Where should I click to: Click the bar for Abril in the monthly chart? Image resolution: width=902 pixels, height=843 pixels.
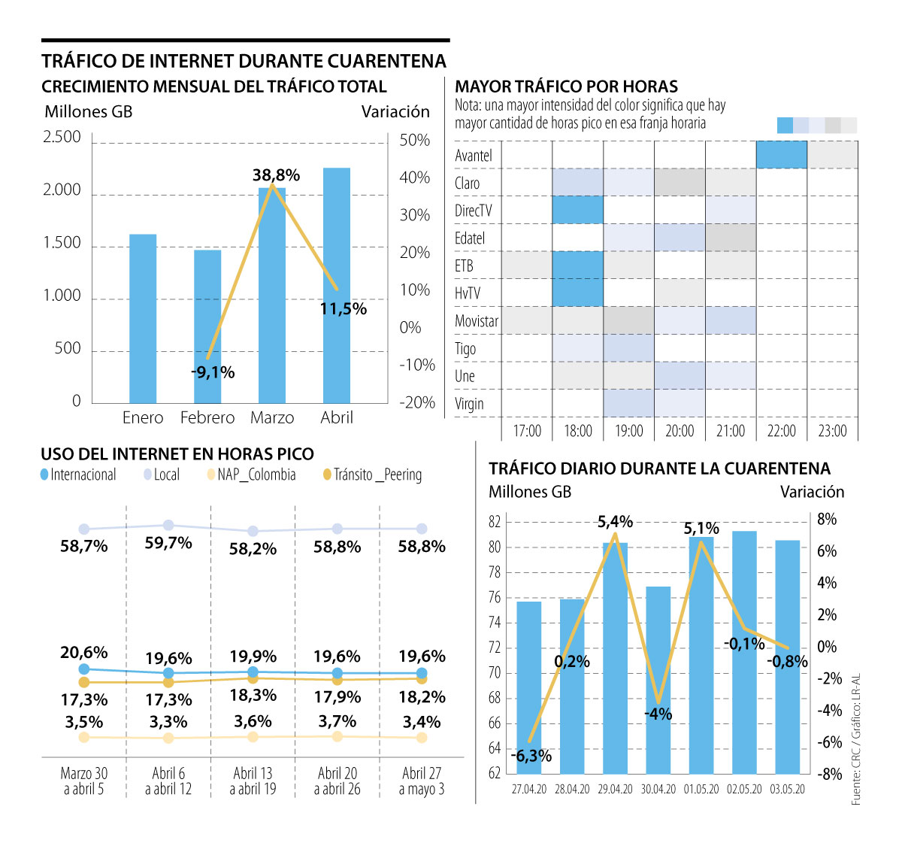pos(337,286)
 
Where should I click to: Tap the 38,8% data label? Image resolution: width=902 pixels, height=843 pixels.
pos(276,175)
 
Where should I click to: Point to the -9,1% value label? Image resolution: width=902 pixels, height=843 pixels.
pos(213,371)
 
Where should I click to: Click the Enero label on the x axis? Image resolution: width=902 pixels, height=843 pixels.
pos(143,417)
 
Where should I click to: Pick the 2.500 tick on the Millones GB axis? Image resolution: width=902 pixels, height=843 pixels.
pos(62,137)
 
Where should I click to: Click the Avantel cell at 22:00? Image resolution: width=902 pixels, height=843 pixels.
pos(781,155)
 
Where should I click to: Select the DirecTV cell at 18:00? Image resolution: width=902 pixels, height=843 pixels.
pos(577,210)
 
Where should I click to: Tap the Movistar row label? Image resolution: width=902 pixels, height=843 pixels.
pos(477,321)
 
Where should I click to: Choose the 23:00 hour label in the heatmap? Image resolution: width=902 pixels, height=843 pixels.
pos(832,431)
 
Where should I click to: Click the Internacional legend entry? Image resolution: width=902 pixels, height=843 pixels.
pos(78,475)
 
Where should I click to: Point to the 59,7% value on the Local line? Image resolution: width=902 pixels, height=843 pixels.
pos(168,543)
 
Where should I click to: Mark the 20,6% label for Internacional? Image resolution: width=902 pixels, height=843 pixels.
pos(84,652)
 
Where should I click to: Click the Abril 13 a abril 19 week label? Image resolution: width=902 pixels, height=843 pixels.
pos(253,781)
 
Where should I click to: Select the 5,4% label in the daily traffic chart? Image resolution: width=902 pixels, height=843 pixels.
pos(615,521)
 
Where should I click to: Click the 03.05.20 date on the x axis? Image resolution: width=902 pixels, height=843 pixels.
pos(788,789)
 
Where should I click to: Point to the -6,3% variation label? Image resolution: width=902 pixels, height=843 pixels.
pos(531,756)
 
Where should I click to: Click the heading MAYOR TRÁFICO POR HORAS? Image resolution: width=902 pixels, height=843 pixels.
pos(567,86)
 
